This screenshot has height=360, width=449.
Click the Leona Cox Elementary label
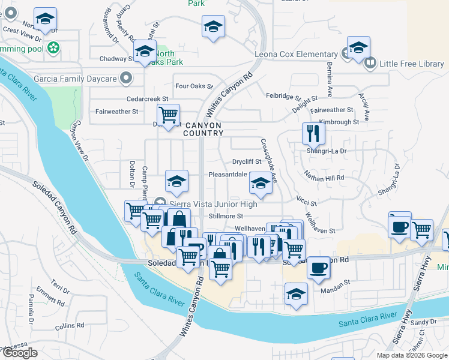click(x=295, y=55)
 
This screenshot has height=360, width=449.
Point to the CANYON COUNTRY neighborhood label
click(x=203, y=128)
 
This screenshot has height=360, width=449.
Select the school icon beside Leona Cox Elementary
click(x=358, y=48)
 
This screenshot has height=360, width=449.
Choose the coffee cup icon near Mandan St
click(x=319, y=267)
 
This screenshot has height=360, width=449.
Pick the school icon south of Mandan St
click(x=297, y=294)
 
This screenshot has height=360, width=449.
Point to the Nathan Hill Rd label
click(x=324, y=178)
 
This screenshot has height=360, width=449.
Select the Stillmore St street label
click(x=225, y=216)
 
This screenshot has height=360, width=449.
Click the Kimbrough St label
click(x=339, y=122)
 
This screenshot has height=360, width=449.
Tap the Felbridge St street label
click(x=283, y=96)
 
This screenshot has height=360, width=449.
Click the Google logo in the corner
click(x=20, y=353)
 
